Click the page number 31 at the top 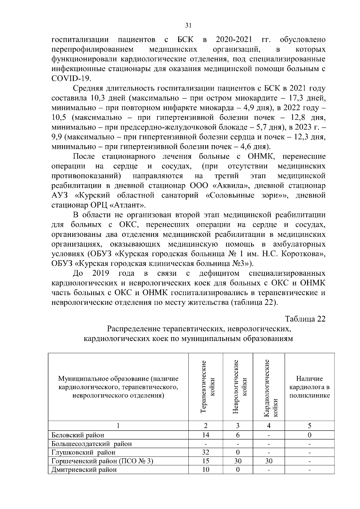click(188, 25)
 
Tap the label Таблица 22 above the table click(305, 319)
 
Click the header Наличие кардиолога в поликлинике click(309, 387)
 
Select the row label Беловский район click(78, 435)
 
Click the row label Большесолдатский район click(91, 444)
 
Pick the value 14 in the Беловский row click(206, 435)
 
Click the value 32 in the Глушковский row click(206, 452)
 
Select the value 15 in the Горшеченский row click(206, 461)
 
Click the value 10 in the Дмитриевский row click(206, 470)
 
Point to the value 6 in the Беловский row click(238, 435)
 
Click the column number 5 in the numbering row click(309, 426)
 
